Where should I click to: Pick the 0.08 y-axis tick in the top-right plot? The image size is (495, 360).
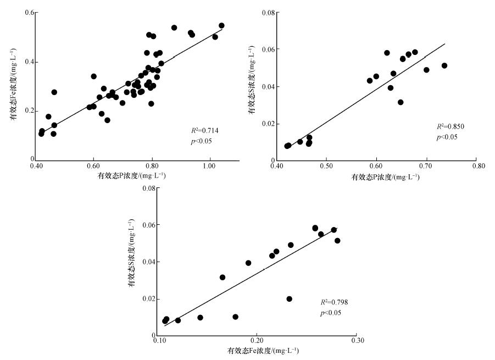[268, 12]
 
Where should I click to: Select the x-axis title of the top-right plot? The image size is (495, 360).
[385, 177]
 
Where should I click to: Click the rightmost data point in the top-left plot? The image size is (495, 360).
[221, 26]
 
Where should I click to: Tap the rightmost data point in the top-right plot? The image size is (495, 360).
[444, 65]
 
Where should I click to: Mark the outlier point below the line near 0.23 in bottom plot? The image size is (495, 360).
[290, 299]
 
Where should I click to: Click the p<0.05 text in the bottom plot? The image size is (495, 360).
[331, 313]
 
